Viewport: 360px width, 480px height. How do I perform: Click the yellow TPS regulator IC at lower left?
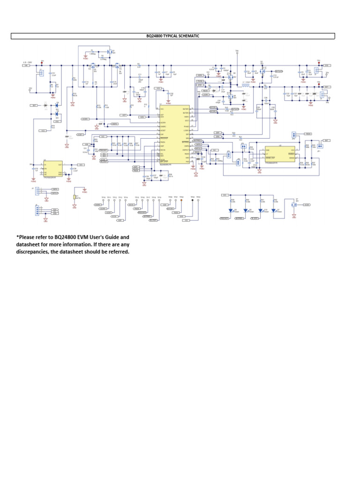click(52, 167)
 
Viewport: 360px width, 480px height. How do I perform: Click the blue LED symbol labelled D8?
click(245, 211)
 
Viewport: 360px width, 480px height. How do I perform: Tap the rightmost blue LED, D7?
click(273, 211)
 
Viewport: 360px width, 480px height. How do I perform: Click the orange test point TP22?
click(181, 200)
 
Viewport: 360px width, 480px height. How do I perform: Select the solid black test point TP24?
click(193, 200)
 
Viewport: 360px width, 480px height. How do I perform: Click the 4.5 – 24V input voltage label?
click(28, 61)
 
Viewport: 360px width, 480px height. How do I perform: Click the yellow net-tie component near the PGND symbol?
click(75, 199)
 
